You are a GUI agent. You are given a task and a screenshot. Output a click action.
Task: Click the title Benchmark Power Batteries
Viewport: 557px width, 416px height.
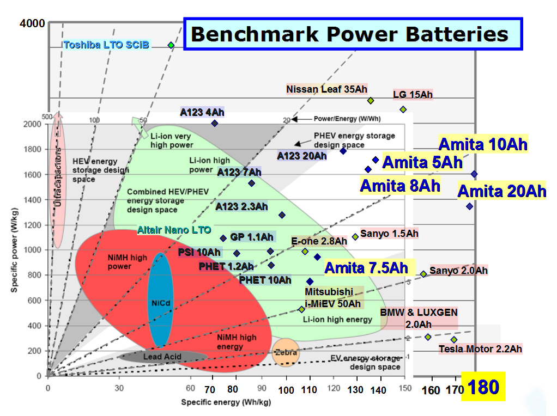coord(349,34)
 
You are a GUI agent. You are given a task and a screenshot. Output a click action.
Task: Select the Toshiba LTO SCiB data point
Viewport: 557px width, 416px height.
coord(171,45)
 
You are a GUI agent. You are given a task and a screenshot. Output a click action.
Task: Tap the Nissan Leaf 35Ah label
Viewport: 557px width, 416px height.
coord(326,89)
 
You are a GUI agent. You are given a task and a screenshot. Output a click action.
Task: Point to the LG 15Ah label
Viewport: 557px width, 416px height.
coord(413,95)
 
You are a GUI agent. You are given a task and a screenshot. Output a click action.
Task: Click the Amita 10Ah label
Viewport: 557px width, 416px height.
coord(483,145)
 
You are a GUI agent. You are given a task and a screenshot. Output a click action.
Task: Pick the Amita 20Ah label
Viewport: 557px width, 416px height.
coord(501,191)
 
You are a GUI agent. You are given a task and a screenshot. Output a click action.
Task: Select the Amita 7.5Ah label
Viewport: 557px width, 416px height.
coord(366,267)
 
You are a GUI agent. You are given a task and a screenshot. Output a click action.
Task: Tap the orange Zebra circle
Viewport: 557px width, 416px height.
coord(286,352)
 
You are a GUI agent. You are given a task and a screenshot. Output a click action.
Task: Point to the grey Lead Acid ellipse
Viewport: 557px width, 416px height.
coord(162,357)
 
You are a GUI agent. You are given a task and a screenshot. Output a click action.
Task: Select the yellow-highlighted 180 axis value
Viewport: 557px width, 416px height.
coord(483,387)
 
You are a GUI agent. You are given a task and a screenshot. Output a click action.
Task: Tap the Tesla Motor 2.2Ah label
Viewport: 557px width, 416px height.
coord(480,348)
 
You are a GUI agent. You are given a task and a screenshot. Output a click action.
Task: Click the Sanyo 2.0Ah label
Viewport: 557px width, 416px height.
coord(458,271)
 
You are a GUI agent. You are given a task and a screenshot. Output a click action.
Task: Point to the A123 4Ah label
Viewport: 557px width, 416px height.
coord(202,112)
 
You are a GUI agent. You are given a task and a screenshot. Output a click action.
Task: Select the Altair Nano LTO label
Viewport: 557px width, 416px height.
coord(174,230)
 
